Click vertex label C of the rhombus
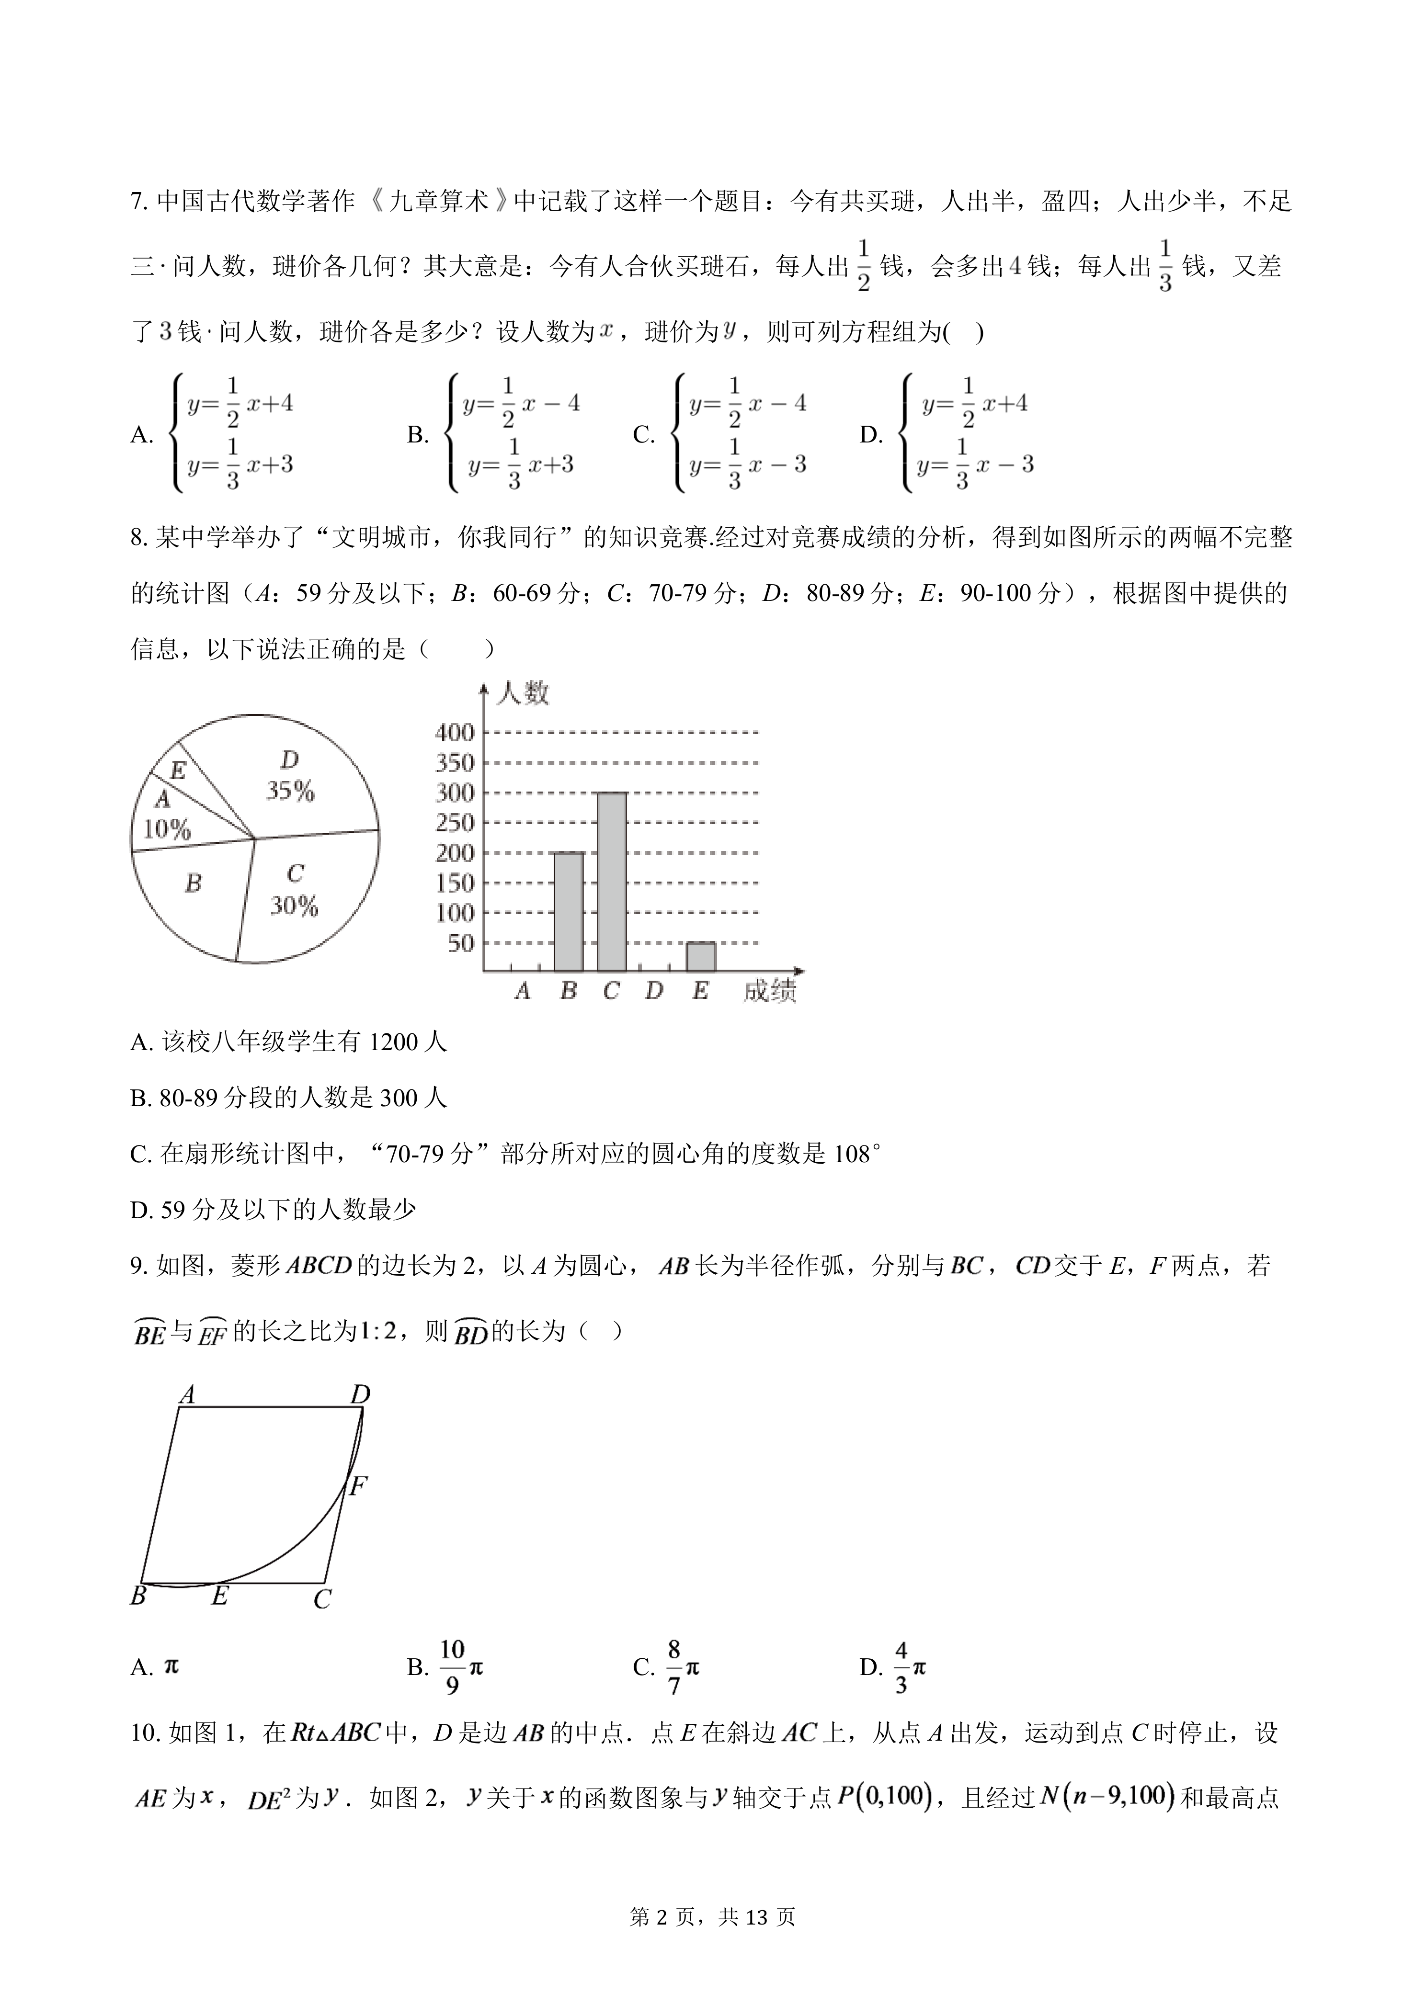pos(322,1600)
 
